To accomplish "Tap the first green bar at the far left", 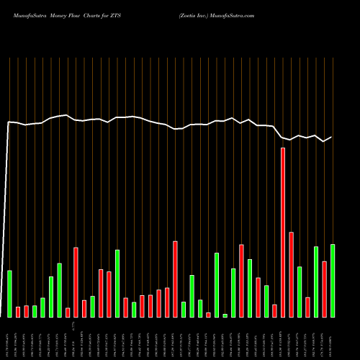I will click(9, 294).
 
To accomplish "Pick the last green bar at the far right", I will click(332, 281).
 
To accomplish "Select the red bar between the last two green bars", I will click(324, 289).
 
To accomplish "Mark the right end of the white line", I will click(332, 137).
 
